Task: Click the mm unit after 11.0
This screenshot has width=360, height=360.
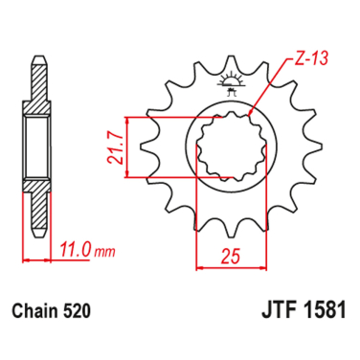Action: (x=104, y=251)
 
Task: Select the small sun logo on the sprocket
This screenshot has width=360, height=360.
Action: (x=230, y=82)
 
